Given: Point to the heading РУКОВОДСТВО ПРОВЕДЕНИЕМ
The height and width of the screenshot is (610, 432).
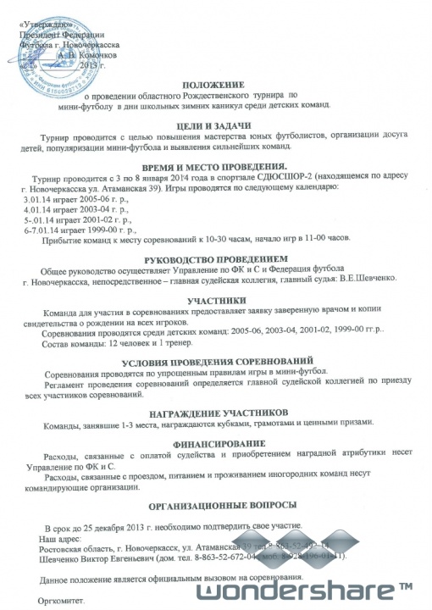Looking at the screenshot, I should coord(217,258).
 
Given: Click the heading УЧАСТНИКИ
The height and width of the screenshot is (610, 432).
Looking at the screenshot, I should coord(218,299).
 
